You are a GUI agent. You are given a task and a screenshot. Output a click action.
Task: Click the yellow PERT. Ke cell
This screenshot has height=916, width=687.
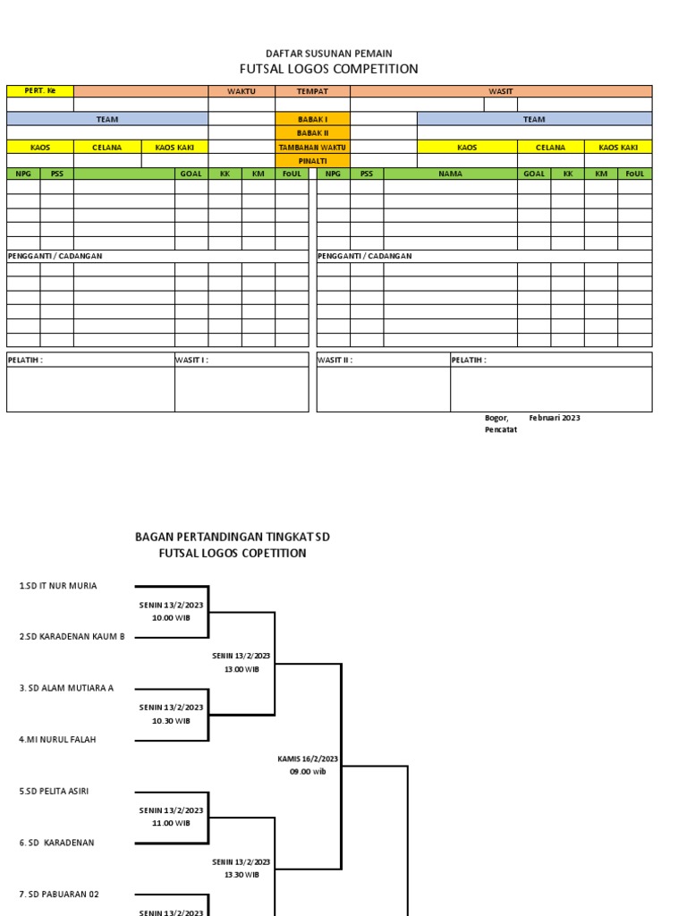coord(40,91)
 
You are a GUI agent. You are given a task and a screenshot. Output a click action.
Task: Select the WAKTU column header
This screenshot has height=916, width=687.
coord(242,91)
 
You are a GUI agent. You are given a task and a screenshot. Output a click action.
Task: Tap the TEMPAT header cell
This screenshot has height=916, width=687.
coord(312,91)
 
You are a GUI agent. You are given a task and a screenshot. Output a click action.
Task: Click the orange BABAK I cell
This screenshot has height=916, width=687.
coord(312,119)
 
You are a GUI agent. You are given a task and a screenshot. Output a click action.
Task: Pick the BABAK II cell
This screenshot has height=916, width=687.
coord(312,132)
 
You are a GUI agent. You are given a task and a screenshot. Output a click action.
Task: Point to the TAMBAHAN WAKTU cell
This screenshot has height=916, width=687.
coord(312,147)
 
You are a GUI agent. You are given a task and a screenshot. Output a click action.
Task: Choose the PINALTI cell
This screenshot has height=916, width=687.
coord(312,160)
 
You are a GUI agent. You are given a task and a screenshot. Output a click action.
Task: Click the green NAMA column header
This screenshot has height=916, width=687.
coord(450,174)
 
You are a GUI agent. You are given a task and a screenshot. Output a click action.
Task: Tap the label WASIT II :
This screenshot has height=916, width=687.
coord(335,360)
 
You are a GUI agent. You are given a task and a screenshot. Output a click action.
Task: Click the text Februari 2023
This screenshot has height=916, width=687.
coord(555,418)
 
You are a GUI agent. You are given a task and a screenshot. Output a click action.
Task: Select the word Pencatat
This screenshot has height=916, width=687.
coord(501,429)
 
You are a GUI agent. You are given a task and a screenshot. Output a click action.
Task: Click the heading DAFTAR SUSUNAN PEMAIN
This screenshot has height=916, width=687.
coord(328,54)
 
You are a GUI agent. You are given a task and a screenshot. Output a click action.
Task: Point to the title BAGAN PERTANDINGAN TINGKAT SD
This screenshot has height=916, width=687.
coord(233,537)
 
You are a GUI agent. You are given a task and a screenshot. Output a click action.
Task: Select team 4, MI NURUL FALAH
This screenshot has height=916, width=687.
coord(58,740)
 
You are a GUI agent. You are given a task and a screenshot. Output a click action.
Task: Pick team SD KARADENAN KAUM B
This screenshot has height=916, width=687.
coord(72,637)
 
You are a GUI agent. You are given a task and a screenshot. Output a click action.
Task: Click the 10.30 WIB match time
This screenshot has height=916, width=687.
coord(171,720)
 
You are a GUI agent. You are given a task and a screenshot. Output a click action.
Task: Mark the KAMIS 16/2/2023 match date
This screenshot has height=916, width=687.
coord(308,759)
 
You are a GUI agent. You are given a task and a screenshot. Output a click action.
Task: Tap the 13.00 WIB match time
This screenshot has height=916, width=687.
coord(241,669)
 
